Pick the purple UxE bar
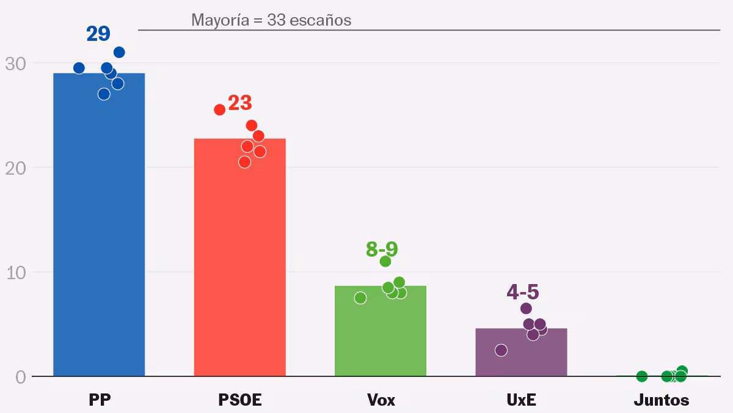[521, 354]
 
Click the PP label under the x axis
[100, 400]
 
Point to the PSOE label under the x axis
[240, 400]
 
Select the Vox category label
[381, 400]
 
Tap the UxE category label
[522, 400]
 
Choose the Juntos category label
[662, 400]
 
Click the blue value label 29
[98, 34]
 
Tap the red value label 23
[240, 103]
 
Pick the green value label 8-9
[382, 249]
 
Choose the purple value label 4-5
[523, 292]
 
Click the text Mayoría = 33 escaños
[271, 20]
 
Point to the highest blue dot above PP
[119, 53]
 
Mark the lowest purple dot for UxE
[501, 350]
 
